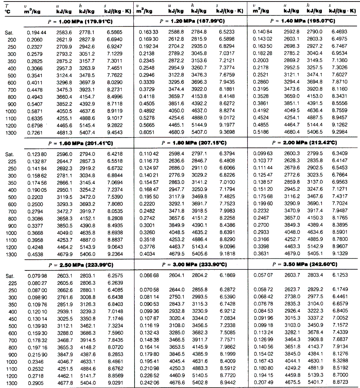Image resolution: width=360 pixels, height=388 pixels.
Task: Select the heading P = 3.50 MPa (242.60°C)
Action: (x=306, y=264)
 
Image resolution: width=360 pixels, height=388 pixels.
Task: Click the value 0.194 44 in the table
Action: (x=37, y=33)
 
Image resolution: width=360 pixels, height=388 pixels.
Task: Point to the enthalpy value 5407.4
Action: (x=87, y=133)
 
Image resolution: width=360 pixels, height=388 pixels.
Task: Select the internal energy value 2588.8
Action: (x=176, y=33)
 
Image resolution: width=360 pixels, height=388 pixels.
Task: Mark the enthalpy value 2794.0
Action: (x=87, y=154)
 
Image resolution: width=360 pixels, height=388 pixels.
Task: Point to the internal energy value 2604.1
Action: (x=176, y=275)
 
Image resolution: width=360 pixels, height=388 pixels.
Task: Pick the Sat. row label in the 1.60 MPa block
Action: (x=10, y=154)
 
